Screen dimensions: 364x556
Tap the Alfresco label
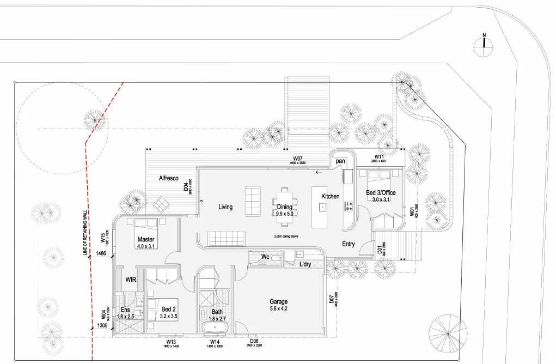pyautogui.click(x=169, y=178)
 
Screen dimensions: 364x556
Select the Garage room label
pyautogui.click(x=278, y=301)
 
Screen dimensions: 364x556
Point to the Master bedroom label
pyautogui.click(x=146, y=239)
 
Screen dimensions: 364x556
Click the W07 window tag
pyautogui.click(x=297, y=157)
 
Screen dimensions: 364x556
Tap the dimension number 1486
pyautogui.click(x=101, y=253)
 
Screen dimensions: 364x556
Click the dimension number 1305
pyautogui.click(x=102, y=325)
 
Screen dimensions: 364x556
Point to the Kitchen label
pyautogui.click(x=330, y=196)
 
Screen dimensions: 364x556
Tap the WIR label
pyautogui.click(x=130, y=279)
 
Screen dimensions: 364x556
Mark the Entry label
pyautogui.click(x=349, y=244)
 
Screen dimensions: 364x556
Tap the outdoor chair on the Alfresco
pyautogui.click(x=161, y=205)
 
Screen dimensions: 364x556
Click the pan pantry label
pyautogui.click(x=341, y=161)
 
